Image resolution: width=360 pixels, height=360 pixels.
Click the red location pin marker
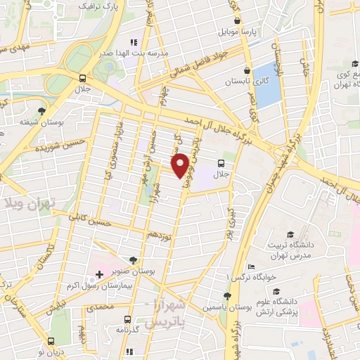coord(180,165)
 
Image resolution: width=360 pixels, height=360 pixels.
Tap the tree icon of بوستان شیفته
coord(44,112)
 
